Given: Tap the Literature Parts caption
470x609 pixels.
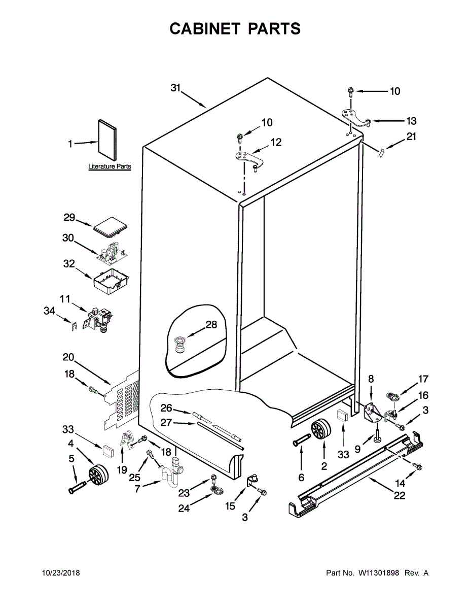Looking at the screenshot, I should (x=110, y=166).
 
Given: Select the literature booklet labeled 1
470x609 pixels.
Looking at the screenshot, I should (x=106, y=139).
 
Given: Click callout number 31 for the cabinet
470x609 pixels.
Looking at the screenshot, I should (x=175, y=88).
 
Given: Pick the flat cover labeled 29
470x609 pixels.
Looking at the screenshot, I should (x=110, y=226).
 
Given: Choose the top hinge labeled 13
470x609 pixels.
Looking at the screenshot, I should (x=354, y=117).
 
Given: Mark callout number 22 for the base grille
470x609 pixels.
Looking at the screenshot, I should (x=400, y=496).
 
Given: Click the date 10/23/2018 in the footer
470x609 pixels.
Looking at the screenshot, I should (x=60, y=573).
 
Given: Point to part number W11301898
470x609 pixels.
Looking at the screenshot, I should (x=379, y=573).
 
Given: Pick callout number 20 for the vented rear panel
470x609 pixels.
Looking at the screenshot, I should (x=68, y=357).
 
